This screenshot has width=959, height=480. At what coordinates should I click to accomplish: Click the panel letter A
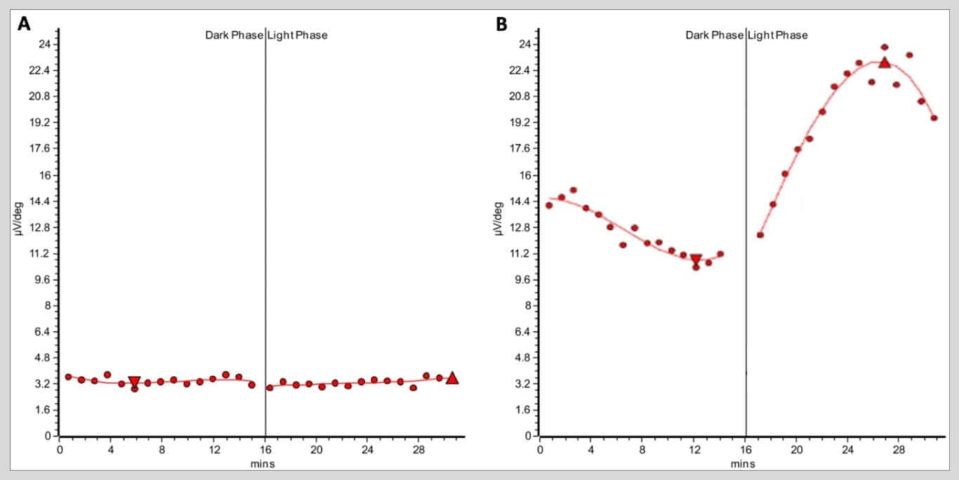coord(25,24)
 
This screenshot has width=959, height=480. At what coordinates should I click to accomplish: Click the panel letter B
coord(501,24)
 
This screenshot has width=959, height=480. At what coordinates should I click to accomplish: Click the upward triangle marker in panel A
coord(452,378)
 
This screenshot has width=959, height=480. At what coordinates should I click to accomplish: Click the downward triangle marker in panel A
coord(134,382)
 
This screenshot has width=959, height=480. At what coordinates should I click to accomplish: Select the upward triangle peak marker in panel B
coord(885,62)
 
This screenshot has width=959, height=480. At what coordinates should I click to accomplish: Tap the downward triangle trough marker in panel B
coord(696,260)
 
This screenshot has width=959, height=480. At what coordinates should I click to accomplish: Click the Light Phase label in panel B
coord(777,35)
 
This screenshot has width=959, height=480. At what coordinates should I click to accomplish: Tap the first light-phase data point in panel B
coord(760,235)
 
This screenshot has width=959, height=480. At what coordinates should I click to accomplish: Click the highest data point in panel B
coord(885,47)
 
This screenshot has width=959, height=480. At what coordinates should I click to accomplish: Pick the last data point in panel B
coord(934,118)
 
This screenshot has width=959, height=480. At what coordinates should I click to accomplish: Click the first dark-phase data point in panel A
coord(68,377)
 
